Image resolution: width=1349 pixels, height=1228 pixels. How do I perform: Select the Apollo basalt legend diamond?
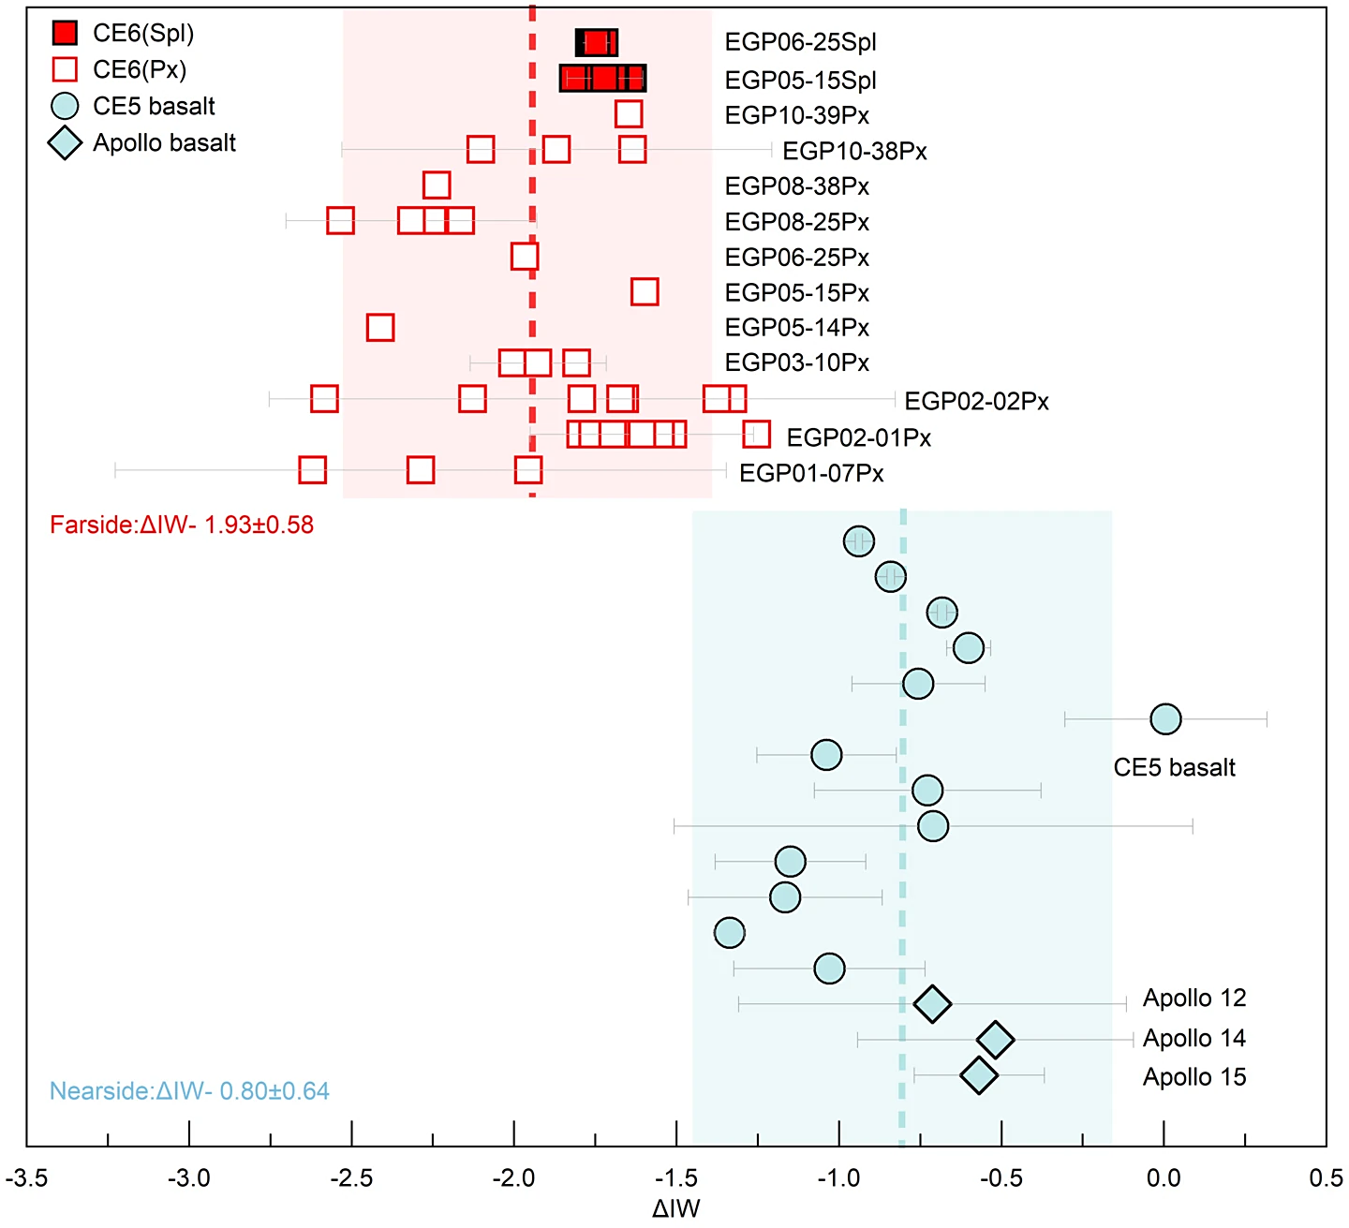tap(65, 143)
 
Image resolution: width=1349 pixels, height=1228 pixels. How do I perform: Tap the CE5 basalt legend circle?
tap(65, 107)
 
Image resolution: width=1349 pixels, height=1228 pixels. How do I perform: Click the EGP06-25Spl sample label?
tap(800, 43)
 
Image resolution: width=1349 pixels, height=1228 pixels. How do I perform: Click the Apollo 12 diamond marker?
tap(932, 1004)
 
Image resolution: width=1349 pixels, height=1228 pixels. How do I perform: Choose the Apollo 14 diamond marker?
tap(995, 1039)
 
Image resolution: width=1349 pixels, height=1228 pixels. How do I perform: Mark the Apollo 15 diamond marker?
tap(979, 1075)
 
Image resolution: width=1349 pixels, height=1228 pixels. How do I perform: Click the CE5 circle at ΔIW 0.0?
tap(1165, 719)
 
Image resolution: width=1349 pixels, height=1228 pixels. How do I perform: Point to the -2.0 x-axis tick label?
tap(513, 1178)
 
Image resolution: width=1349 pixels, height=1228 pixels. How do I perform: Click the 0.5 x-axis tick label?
tap(1326, 1178)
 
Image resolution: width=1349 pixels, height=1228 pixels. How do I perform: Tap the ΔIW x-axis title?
tap(675, 1209)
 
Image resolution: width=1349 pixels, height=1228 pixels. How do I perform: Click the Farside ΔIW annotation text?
tap(182, 525)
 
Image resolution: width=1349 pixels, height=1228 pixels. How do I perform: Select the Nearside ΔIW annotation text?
tap(189, 1091)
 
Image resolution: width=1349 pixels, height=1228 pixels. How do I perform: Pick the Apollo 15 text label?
tap(1194, 1077)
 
